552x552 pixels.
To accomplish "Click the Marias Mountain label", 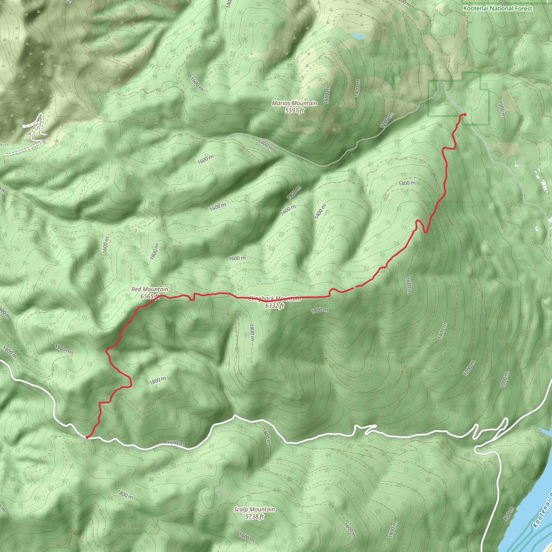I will [294, 103].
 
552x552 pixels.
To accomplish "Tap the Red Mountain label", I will [150, 289].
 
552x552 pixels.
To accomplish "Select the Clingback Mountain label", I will [274, 299].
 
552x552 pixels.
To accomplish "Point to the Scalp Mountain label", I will [254, 309].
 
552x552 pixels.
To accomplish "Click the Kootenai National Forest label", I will [498, 9].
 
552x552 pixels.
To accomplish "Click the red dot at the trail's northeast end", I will [465, 115].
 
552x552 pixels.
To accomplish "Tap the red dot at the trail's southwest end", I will [87, 437].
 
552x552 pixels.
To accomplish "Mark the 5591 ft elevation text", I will [294, 110].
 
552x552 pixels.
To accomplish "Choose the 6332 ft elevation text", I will [274, 306].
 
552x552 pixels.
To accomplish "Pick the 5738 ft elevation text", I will [254, 317].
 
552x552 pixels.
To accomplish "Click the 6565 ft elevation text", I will [149, 296].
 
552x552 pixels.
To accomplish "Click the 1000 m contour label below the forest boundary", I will [501, 109].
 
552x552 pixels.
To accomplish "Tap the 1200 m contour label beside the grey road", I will [386, 120].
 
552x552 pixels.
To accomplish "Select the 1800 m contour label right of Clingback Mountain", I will [319, 310].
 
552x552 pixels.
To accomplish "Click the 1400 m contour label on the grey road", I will [266, 145].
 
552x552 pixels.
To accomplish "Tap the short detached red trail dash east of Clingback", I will [359, 286].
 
